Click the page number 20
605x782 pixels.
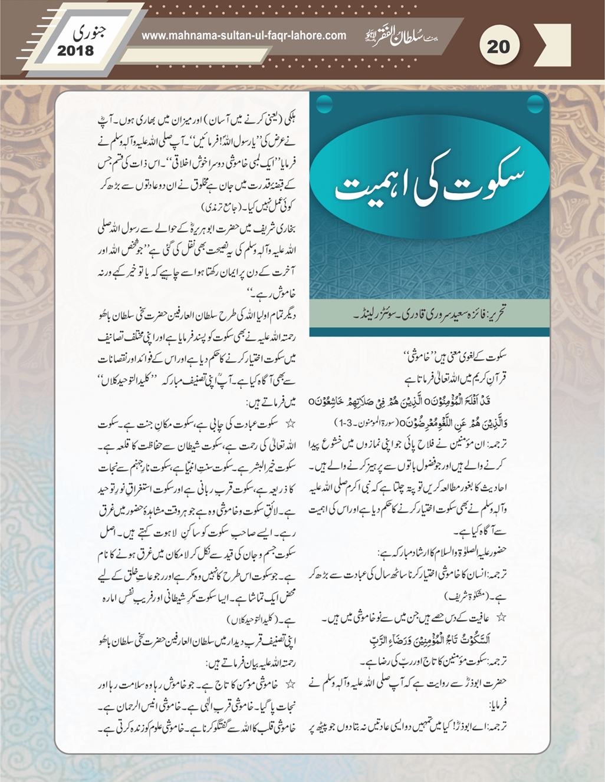pos(498,46)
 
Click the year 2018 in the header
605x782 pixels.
pos(75,51)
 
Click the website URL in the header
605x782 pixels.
pos(244,35)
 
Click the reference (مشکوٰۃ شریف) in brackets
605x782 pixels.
pos(455,596)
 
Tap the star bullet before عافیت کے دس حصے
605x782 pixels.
pos(501,617)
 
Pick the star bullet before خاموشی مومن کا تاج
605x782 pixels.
pos(290,684)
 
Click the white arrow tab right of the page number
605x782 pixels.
pos(556,45)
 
